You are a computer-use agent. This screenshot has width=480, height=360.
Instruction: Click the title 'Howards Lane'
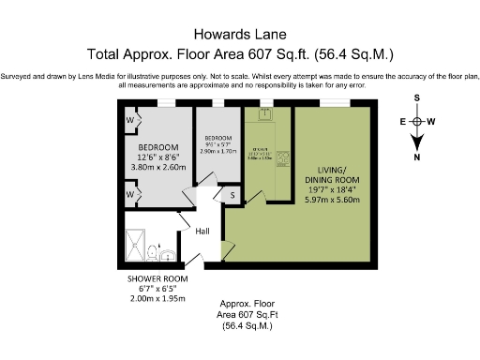(x=239, y=33)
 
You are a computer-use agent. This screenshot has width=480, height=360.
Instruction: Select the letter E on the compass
(x=403, y=122)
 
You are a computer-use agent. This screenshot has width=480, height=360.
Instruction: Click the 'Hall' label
(x=202, y=231)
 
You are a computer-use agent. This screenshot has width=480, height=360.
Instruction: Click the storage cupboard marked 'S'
(x=232, y=195)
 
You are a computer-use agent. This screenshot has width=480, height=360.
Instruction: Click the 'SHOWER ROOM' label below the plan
(x=157, y=279)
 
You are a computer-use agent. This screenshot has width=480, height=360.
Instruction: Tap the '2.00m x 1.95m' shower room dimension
(x=157, y=299)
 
